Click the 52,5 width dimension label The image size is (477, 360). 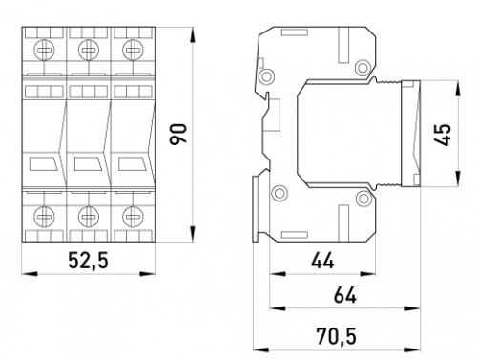(88, 261)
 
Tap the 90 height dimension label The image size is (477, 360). (178, 135)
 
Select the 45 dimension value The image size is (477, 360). (443, 135)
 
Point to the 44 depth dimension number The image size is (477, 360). (322, 261)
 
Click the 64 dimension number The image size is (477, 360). (345, 295)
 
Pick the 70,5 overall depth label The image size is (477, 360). (336, 336)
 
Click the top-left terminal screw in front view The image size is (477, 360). (44, 50)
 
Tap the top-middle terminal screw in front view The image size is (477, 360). (89, 50)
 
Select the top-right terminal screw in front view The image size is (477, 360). (133, 50)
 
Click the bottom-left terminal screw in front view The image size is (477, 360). (44, 217)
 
